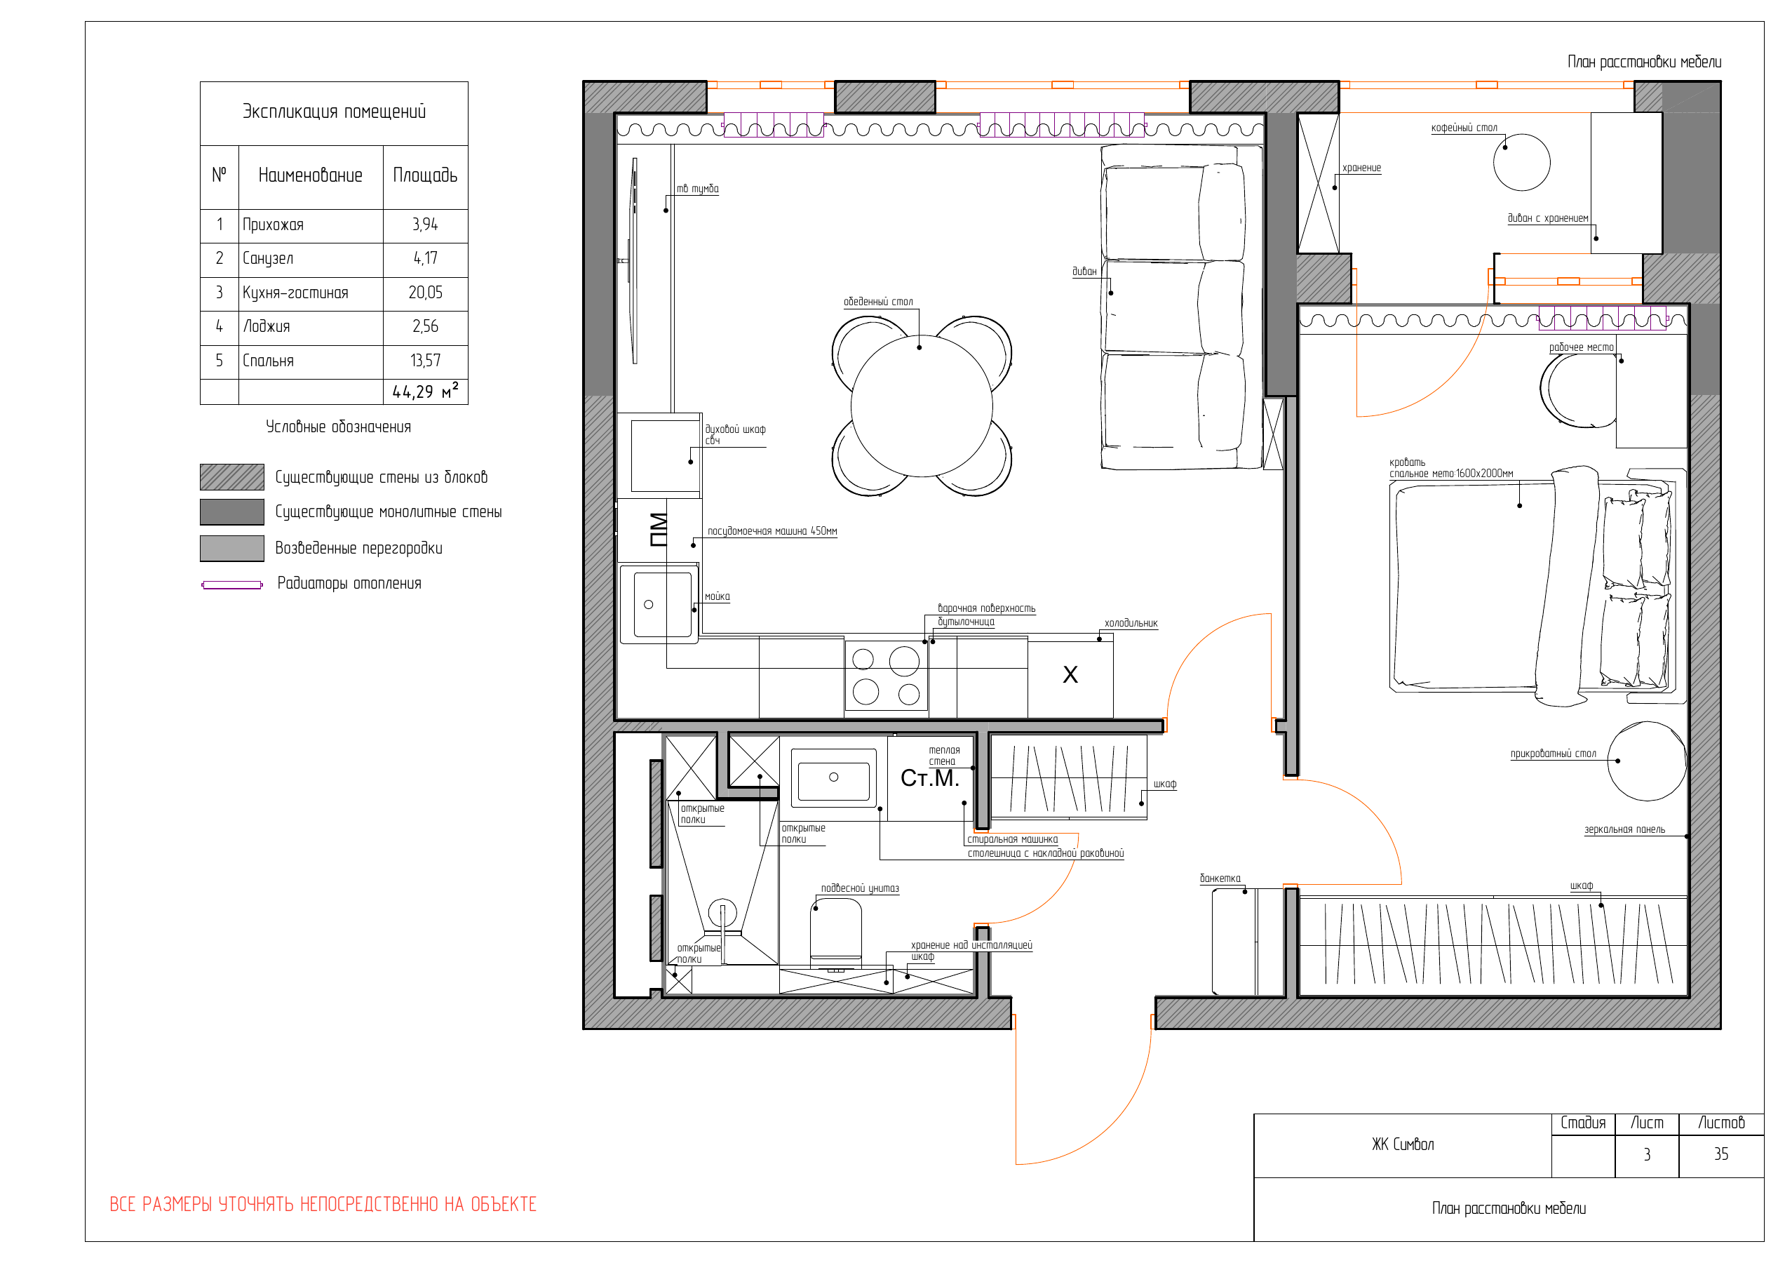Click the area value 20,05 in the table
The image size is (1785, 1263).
point(425,293)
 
